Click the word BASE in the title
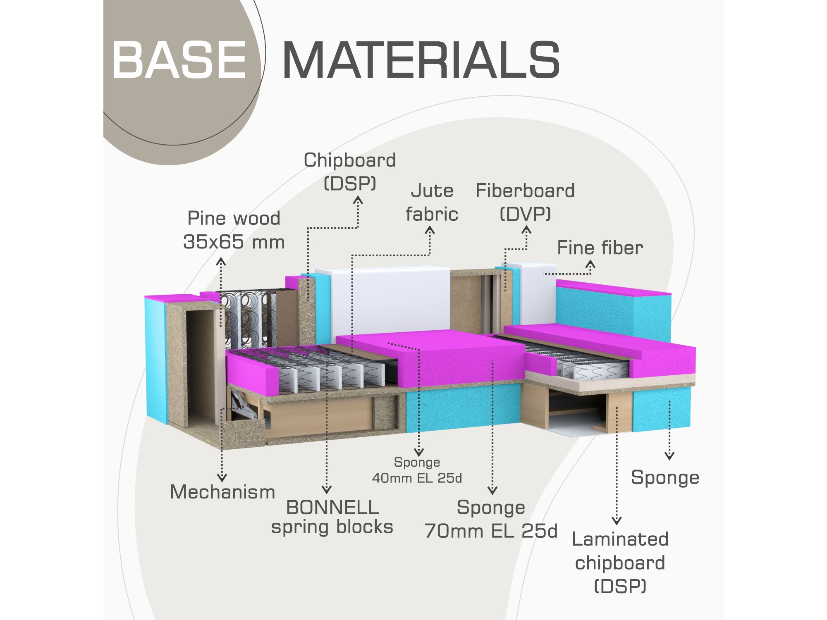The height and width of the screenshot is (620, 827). pos(179,60)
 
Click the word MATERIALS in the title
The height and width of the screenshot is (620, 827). pos(421,60)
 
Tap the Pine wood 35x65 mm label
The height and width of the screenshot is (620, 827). pos(234,230)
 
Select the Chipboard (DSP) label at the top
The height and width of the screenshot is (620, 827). pos(350,171)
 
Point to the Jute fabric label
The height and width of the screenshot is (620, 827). pos(432,202)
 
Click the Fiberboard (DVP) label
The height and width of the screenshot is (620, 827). pos(525,202)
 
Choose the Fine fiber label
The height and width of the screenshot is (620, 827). pos(600,248)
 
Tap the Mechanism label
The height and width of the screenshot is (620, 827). pos(222,492)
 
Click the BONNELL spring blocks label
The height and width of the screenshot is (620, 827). pos(332,517)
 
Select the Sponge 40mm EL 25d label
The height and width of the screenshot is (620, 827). pos(417,470)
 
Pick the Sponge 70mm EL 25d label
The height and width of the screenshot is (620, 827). pos(491,519)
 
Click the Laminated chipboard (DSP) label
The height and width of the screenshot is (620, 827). pos(620,563)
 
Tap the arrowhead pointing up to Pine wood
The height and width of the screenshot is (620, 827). pos(221,261)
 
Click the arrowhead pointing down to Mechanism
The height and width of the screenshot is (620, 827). pos(222,478)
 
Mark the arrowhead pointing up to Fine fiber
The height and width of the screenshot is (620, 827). pos(590,264)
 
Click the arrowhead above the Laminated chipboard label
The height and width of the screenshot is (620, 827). pos(617,520)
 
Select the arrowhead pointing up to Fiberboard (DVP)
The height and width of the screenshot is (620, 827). pos(526,230)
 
